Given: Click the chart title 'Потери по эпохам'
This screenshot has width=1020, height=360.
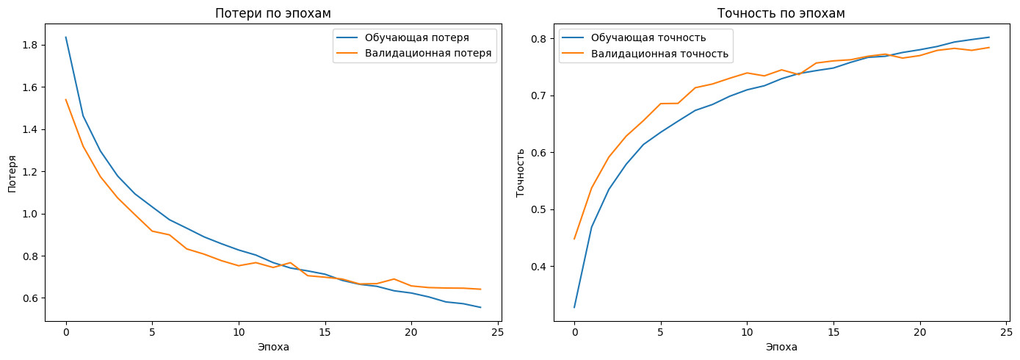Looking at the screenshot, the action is pyautogui.click(x=272, y=13).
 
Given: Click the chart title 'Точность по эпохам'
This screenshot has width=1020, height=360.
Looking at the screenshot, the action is pyautogui.click(x=781, y=13).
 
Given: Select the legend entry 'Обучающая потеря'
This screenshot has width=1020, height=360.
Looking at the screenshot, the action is pyautogui.click(x=416, y=37).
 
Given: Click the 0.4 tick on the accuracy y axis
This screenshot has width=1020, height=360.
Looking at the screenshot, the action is pyautogui.click(x=538, y=267).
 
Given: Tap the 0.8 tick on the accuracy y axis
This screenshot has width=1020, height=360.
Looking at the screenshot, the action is pyautogui.click(x=538, y=39).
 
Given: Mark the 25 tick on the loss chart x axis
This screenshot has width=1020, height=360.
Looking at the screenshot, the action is pyautogui.click(x=498, y=332).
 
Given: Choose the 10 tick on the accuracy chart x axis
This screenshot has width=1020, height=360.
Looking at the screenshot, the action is pyautogui.click(x=747, y=332).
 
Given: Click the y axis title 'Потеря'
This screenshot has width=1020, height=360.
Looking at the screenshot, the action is pyautogui.click(x=12, y=174).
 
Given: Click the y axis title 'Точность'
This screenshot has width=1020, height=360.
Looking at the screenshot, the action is pyautogui.click(x=521, y=173).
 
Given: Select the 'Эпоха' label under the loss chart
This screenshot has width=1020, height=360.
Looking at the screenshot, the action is pyautogui.click(x=273, y=348).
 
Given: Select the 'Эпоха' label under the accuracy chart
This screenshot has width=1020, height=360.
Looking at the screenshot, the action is pyautogui.click(x=781, y=348).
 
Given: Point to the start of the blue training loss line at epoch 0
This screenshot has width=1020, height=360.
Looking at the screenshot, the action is pyautogui.click(x=66, y=37).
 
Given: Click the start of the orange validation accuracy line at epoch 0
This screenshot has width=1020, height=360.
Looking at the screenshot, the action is pyautogui.click(x=574, y=239).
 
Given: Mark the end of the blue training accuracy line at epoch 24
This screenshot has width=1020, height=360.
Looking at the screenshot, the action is pyautogui.click(x=989, y=37).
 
